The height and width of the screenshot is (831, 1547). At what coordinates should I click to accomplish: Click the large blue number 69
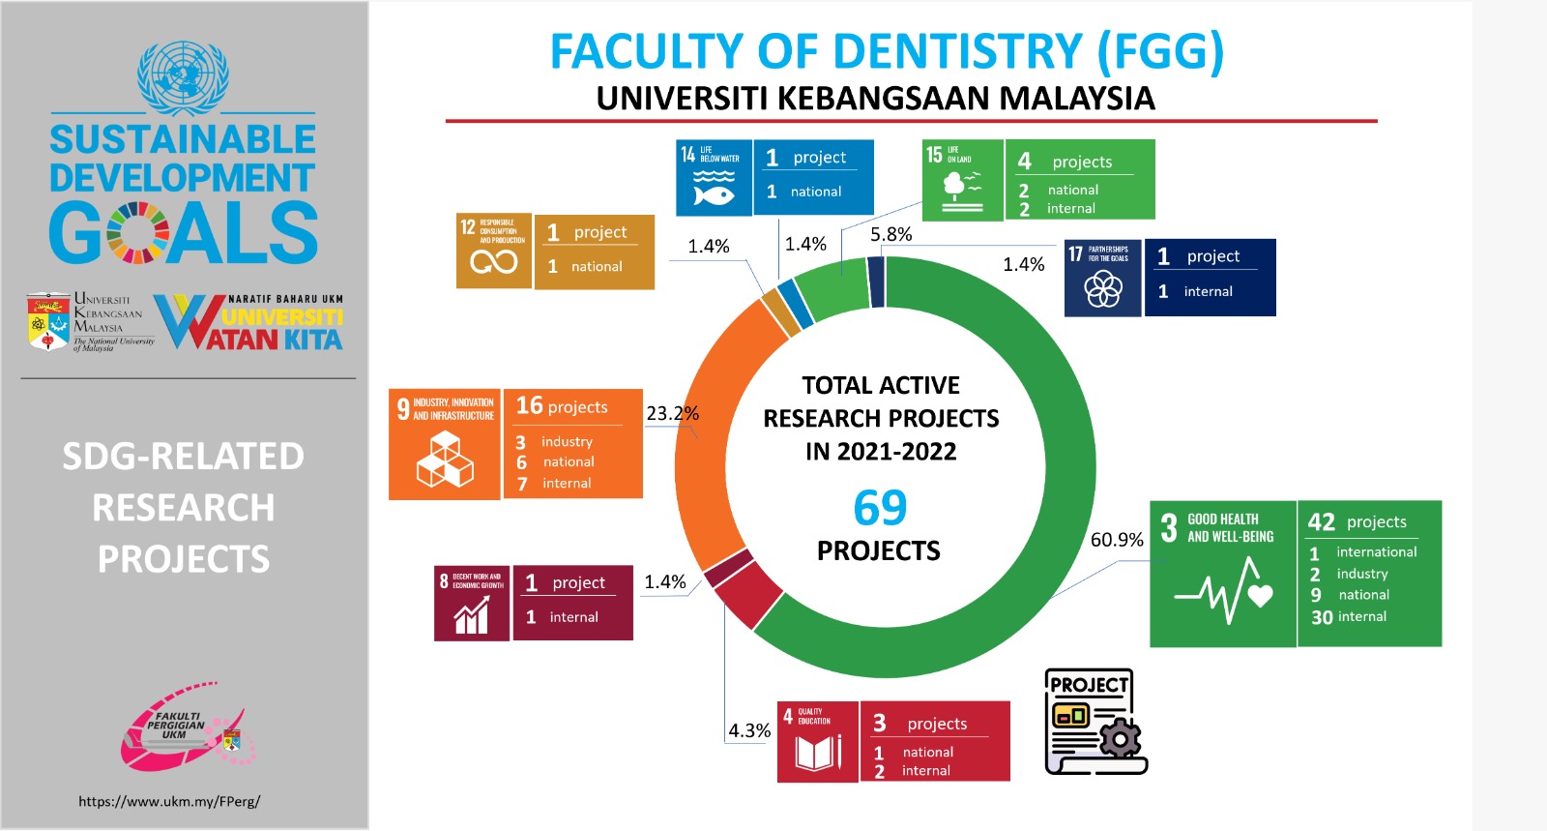tap(880, 508)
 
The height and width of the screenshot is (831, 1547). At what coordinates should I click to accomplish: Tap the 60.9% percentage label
tap(1117, 540)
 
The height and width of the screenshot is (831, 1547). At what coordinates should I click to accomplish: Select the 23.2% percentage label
tap(672, 413)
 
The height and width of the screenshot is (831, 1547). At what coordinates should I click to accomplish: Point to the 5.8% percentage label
tap(890, 234)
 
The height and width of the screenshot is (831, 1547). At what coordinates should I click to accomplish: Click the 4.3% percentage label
tap(749, 730)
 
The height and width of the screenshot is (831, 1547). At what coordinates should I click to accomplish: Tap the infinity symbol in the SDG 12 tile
tap(493, 261)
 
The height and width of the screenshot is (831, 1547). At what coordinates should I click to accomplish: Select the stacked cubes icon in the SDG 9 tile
tap(445, 460)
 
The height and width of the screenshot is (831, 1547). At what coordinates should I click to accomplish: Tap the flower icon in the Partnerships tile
tap(1102, 287)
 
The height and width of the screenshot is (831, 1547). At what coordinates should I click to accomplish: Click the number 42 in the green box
tap(1321, 522)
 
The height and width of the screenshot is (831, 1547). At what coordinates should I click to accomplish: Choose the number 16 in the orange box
tap(529, 406)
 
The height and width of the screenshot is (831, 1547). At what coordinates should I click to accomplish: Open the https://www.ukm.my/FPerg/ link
tap(169, 801)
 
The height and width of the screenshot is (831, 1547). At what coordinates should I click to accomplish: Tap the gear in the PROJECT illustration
tap(1120, 740)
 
